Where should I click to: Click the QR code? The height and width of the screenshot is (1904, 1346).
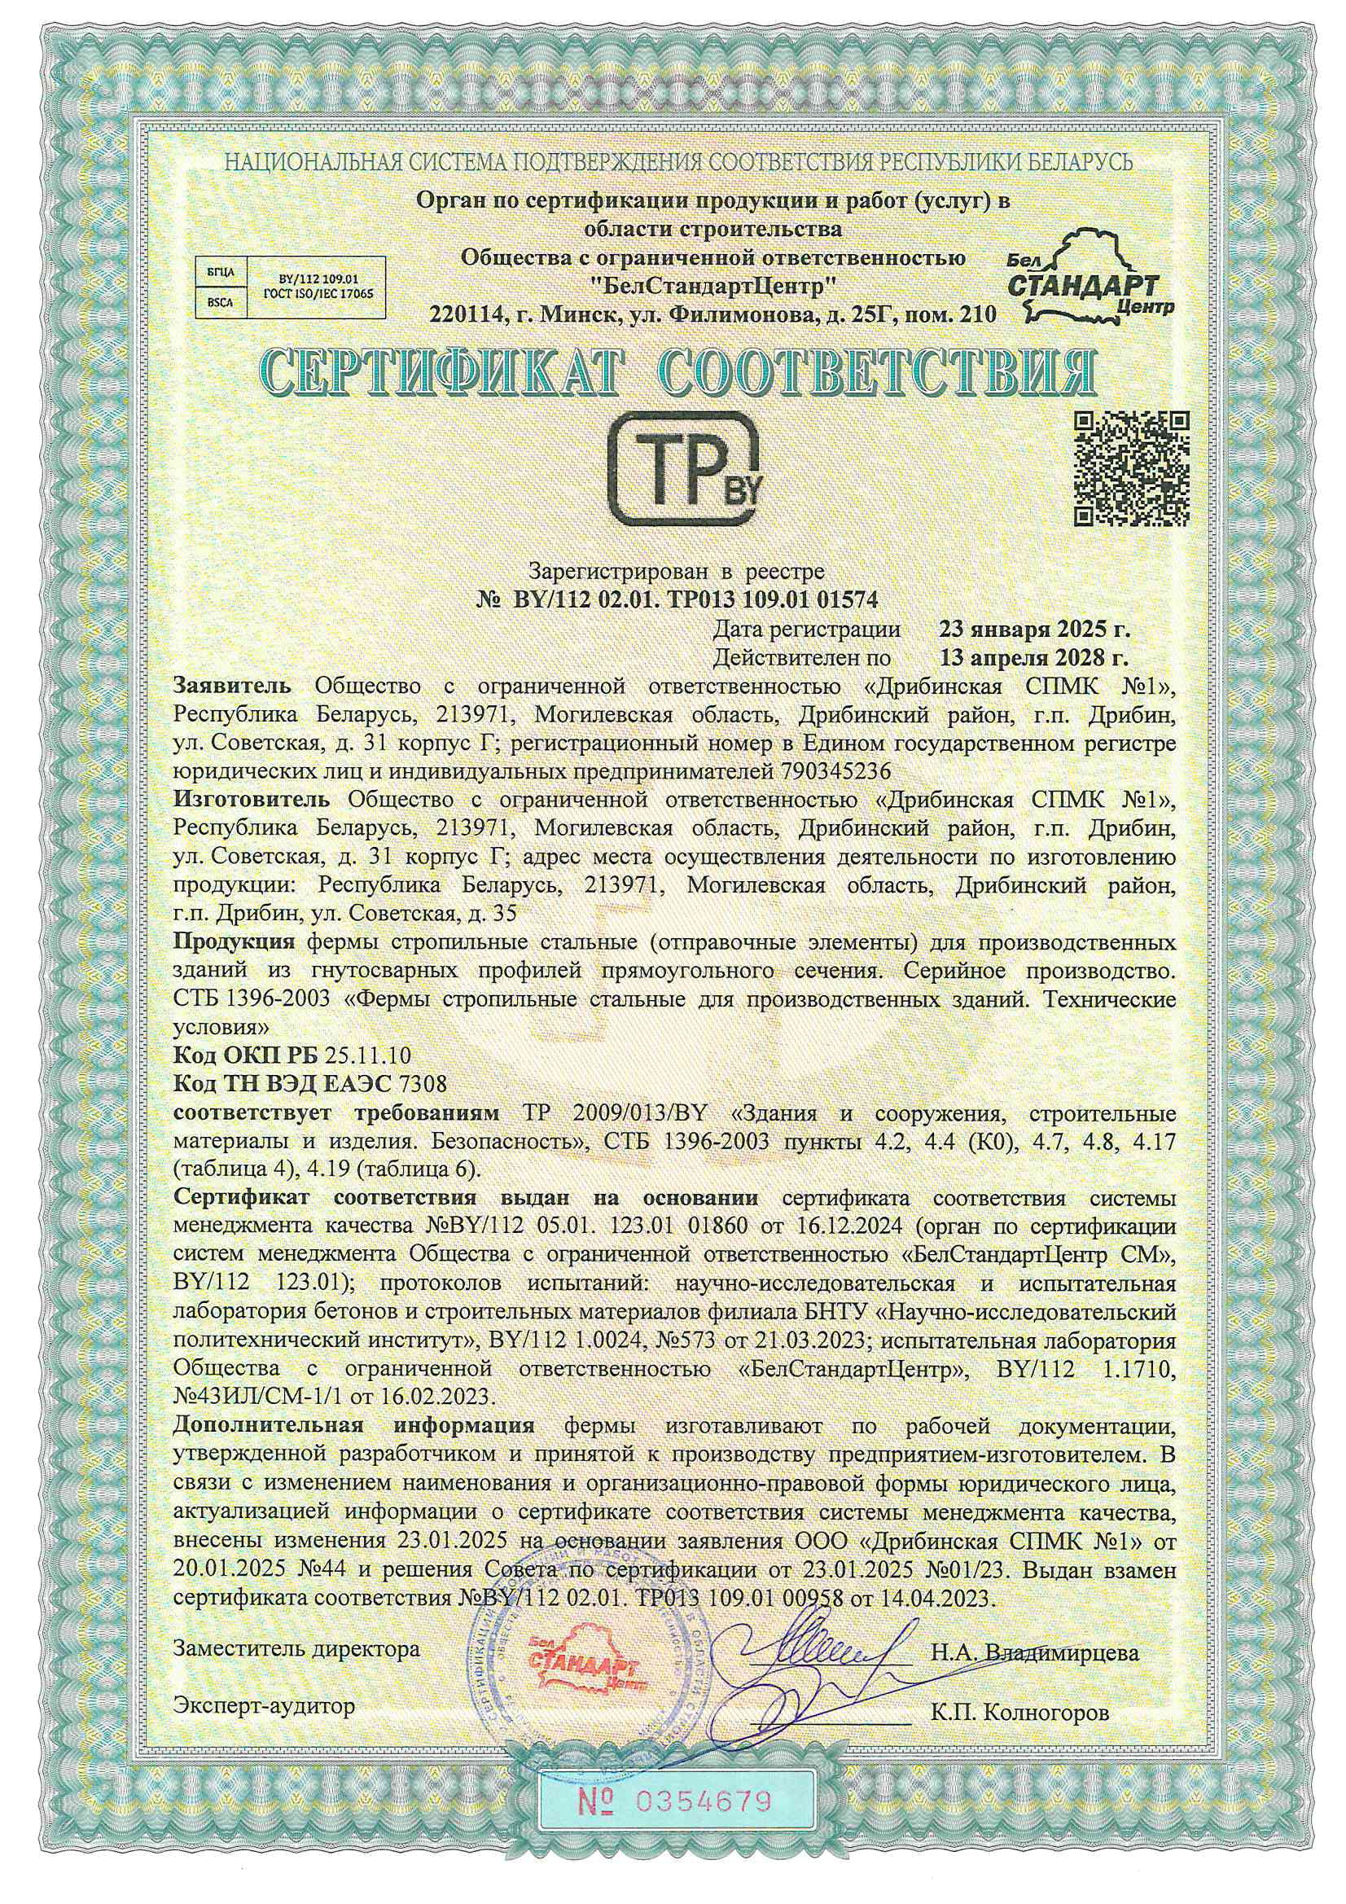click(x=1131, y=468)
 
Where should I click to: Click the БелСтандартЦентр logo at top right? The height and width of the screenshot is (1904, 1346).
click(x=1091, y=282)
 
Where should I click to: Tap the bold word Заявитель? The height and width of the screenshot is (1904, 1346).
click(x=232, y=687)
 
